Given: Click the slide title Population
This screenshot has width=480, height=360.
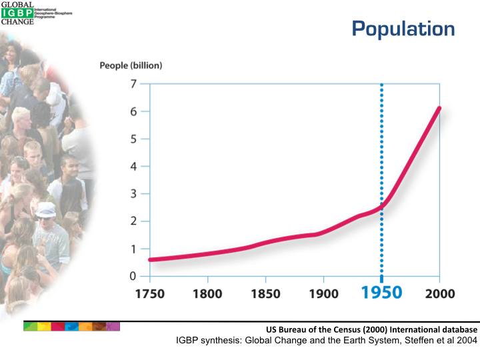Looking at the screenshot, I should pyautogui.click(x=403, y=29).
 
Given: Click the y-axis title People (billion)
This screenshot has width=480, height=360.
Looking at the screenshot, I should pyautogui.click(x=131, y=65).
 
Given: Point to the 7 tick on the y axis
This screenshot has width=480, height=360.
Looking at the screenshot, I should pyautogui.click(x=133, y=84).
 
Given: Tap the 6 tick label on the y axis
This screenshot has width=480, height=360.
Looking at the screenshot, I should pyautogui.click(x=133, y=111).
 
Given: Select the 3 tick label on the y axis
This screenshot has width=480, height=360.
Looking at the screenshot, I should pyautogui.click(x=133, y=194).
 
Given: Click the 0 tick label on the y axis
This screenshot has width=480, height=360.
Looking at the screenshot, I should pyautogui.click(x=133, y=276).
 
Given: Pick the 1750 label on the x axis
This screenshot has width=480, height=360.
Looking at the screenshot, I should pyautogui.click(x=149, y=294).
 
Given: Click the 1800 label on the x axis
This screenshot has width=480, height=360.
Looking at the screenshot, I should pyautogui.click(x=207, y=294).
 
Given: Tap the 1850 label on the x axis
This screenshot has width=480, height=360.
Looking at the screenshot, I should pyautogui.click(x=265, y=294).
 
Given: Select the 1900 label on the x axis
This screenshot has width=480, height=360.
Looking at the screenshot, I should pyautogui.click(x=323, y=294).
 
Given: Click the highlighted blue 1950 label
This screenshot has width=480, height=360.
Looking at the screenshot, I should pyautogui.click(x=381, y=293).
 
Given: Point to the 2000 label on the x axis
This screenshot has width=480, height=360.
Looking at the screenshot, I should pyautogui.click(x=439, y=294).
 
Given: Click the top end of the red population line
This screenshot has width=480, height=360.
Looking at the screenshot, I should pyautogui.click(x=439, y=109).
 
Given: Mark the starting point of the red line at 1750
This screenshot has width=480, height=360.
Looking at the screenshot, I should pyautogui.click(x=151, y=260).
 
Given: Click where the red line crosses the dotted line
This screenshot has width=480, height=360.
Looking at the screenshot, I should pyautogui.click(x=381, y=207).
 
